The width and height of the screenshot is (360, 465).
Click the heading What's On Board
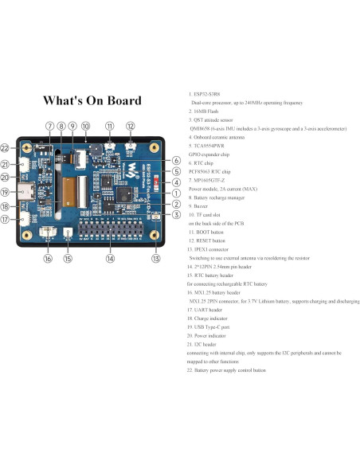click(x=92, y=101)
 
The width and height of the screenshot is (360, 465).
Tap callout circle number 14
click(x=110, y=258)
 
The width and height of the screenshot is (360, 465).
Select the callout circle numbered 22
click(x=6, y=148)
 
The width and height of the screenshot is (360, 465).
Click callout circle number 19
click(x=6, y=191)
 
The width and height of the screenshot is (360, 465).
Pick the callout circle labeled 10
click(x=85, y=126)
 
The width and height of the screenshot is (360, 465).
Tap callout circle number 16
click(x=48, y=258)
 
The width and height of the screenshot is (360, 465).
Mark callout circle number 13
click(x=156, y=258)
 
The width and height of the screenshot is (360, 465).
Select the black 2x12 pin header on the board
click(x=110, y=232)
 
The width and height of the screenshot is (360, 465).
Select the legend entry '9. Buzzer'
click(x=203, y=206)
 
